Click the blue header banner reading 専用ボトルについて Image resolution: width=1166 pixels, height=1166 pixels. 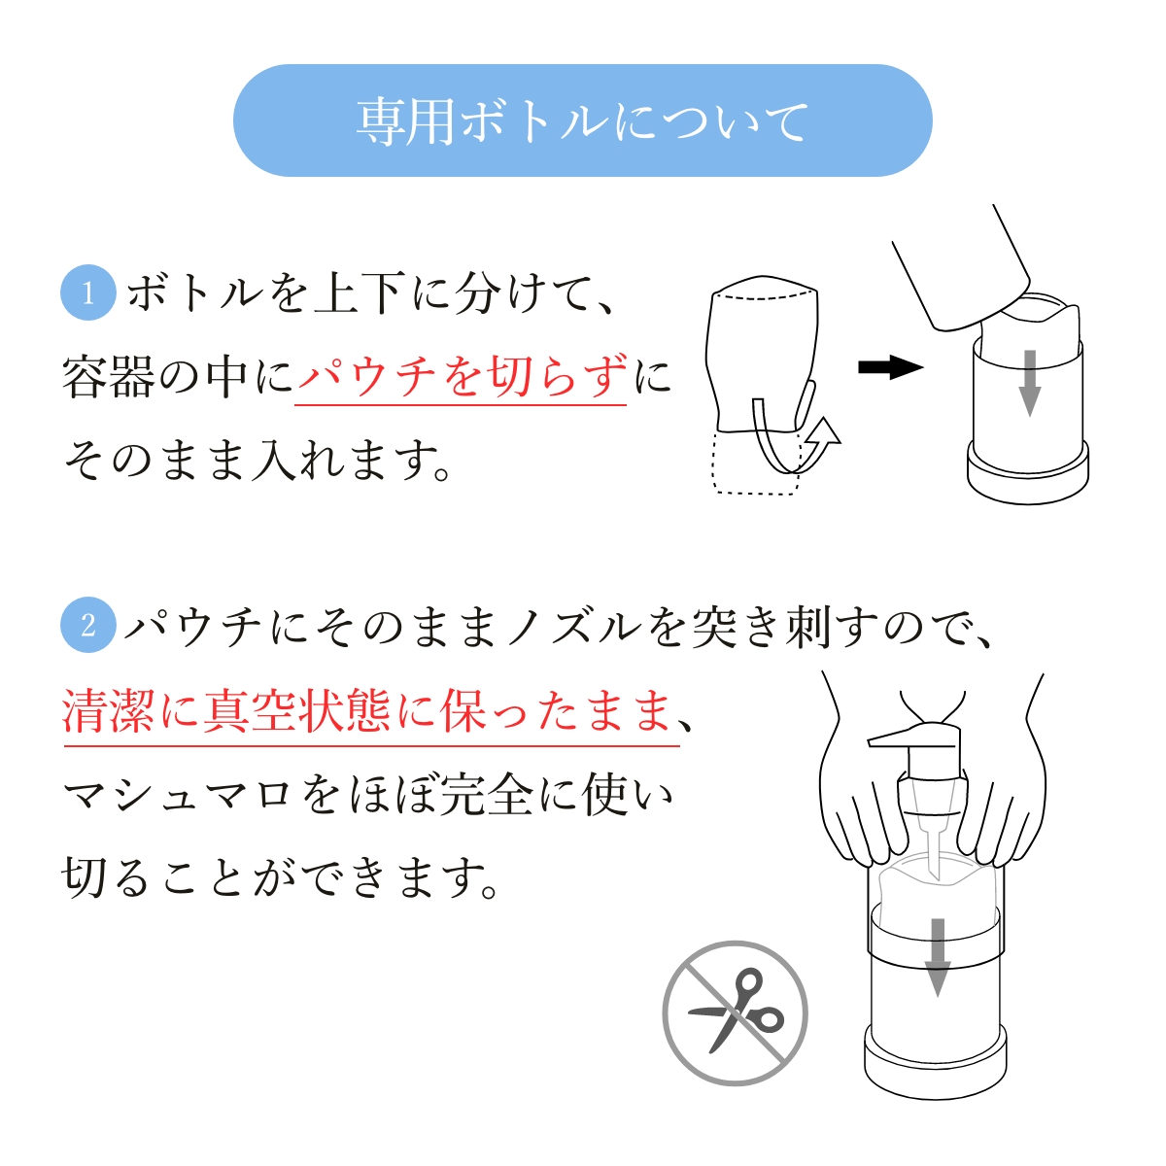pos(582,120)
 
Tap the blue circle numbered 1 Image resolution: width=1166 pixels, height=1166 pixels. pos(88,292)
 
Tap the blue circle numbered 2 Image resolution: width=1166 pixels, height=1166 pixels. pos(88,625)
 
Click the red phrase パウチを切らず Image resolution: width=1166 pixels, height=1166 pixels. pos(463,376)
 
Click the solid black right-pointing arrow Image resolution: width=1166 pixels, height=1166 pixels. pos(891,366)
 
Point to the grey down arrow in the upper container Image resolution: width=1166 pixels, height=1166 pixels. pos(1029,383)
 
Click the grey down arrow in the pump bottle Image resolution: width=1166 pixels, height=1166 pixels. pos(938,957)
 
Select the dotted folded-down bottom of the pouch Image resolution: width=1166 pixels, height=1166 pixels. pos(756,463)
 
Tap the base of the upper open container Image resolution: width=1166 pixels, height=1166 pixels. pos(1028,472)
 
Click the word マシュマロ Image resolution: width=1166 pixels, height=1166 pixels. pos(177,795)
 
